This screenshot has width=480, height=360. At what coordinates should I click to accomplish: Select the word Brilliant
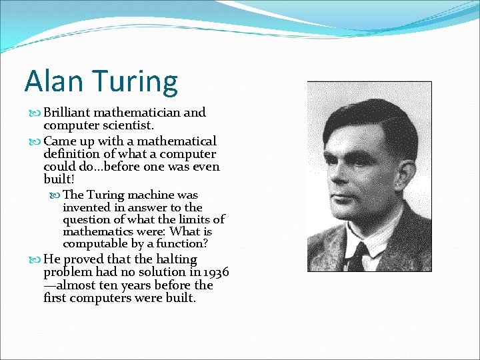[x=70, y=113]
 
